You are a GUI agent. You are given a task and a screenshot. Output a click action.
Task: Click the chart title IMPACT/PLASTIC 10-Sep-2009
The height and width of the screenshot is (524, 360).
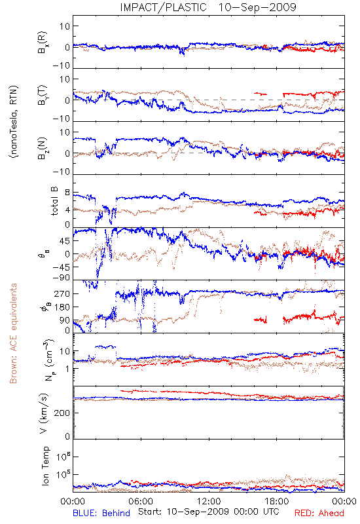(208, 7)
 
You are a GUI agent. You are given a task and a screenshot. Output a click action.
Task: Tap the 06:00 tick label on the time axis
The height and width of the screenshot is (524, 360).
(141, 501)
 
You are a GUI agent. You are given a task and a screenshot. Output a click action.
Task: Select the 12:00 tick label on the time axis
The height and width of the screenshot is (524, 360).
(209, 501)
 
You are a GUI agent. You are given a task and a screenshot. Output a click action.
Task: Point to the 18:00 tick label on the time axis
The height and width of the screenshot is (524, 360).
(277, 501)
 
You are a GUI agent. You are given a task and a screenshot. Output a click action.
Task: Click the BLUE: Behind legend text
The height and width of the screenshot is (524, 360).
(101, 514)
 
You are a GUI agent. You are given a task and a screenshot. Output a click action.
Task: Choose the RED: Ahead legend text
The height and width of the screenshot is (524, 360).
(319, 514)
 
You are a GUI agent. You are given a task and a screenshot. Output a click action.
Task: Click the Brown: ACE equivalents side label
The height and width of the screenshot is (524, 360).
(13, 333)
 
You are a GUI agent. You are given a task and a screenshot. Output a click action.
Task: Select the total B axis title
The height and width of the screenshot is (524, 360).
(54, 201)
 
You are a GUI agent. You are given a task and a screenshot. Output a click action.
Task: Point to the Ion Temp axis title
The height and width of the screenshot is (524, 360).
(45, 466)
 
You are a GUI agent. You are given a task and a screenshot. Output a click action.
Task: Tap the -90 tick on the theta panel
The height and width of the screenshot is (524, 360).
(62, 277)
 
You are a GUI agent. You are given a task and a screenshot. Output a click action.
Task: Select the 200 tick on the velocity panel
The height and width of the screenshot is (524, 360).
(62, 413)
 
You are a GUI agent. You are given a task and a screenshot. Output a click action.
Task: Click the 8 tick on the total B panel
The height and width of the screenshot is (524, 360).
(67, 193)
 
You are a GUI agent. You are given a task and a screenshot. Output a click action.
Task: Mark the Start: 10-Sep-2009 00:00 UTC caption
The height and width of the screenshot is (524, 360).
(209, 512)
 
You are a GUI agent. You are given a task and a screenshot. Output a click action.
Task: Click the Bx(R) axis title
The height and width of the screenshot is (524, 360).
(42, 42)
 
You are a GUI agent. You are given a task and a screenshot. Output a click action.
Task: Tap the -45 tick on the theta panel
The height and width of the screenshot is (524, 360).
(62, 267)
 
